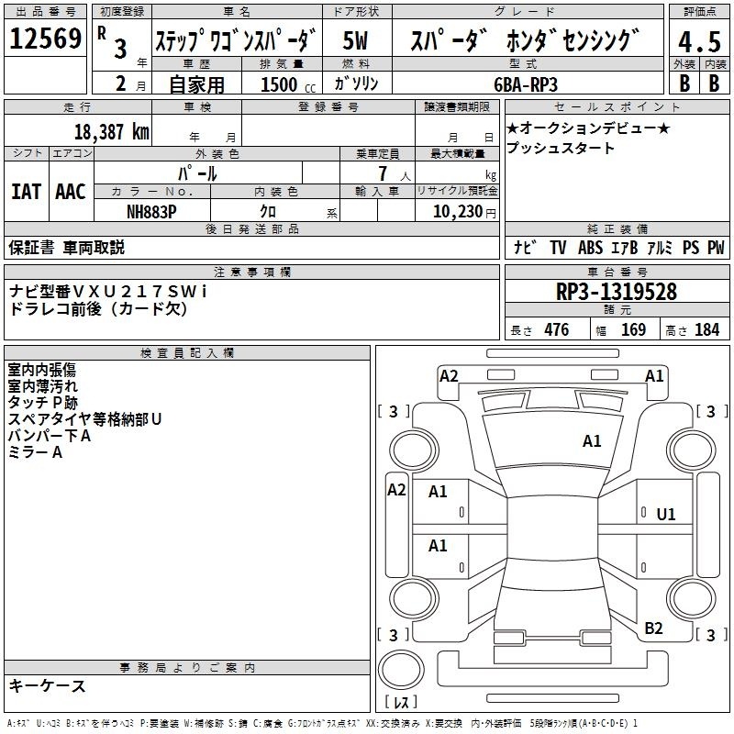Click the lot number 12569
45,39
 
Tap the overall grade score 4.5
699,41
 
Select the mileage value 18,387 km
112,132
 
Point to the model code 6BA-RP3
526,84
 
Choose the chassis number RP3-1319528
616,292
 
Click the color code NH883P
151,212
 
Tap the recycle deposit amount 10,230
458,212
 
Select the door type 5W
355,40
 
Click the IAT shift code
27,192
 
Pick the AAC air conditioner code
71,192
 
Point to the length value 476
557,330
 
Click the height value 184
706,330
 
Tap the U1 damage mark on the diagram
666,515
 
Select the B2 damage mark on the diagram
653,628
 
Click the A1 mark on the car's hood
592,441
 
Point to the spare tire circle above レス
401,670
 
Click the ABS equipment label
590,248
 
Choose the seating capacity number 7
383,173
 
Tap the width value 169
633,330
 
